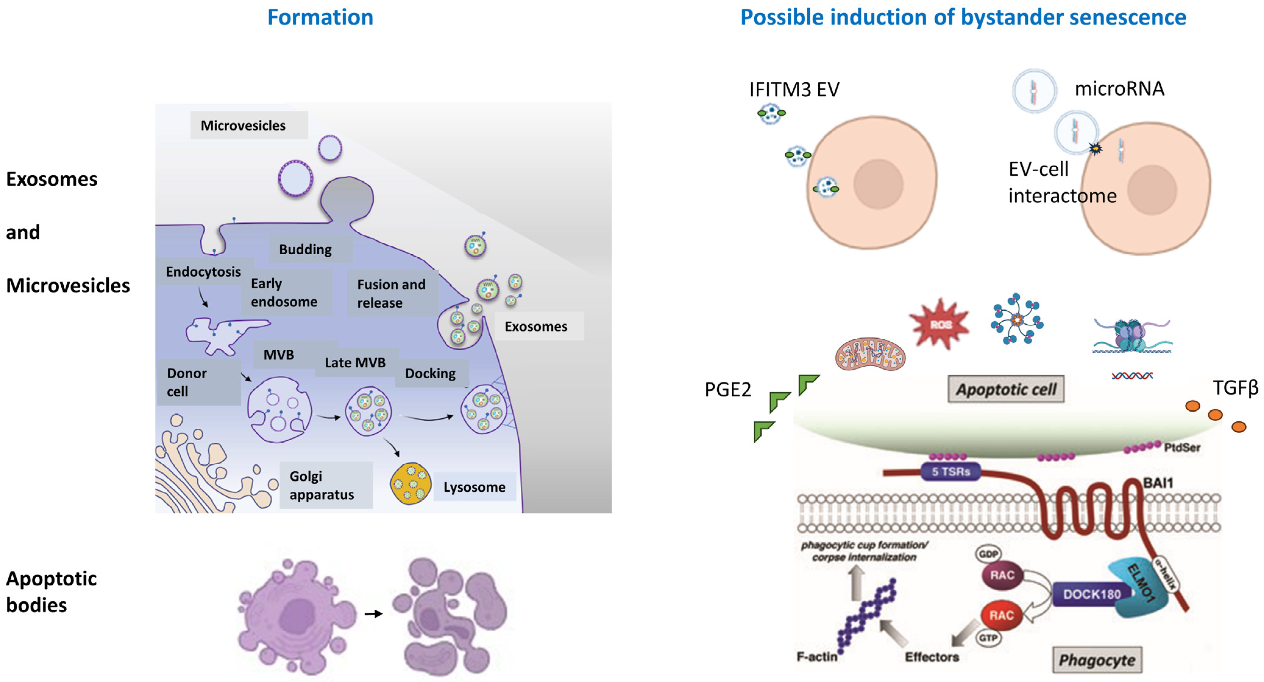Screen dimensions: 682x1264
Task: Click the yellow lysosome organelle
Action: (x=411, y=484)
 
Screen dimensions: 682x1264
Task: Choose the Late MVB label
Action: (x=355, y=362)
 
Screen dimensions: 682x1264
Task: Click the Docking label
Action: (x=430, y=373)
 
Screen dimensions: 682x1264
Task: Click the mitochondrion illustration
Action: (x=870, y=354)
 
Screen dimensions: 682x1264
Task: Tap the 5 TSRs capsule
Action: (x=951, y=472)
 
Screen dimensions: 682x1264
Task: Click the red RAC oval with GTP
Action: (x=1001, y=615)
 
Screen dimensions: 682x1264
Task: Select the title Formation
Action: (x=320, y=18)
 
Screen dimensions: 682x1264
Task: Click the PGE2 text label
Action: (x=728, y=390)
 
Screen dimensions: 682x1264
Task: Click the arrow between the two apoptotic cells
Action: (x=373, y=613)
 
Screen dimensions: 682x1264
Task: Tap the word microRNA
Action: (x=1119, y=89)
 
